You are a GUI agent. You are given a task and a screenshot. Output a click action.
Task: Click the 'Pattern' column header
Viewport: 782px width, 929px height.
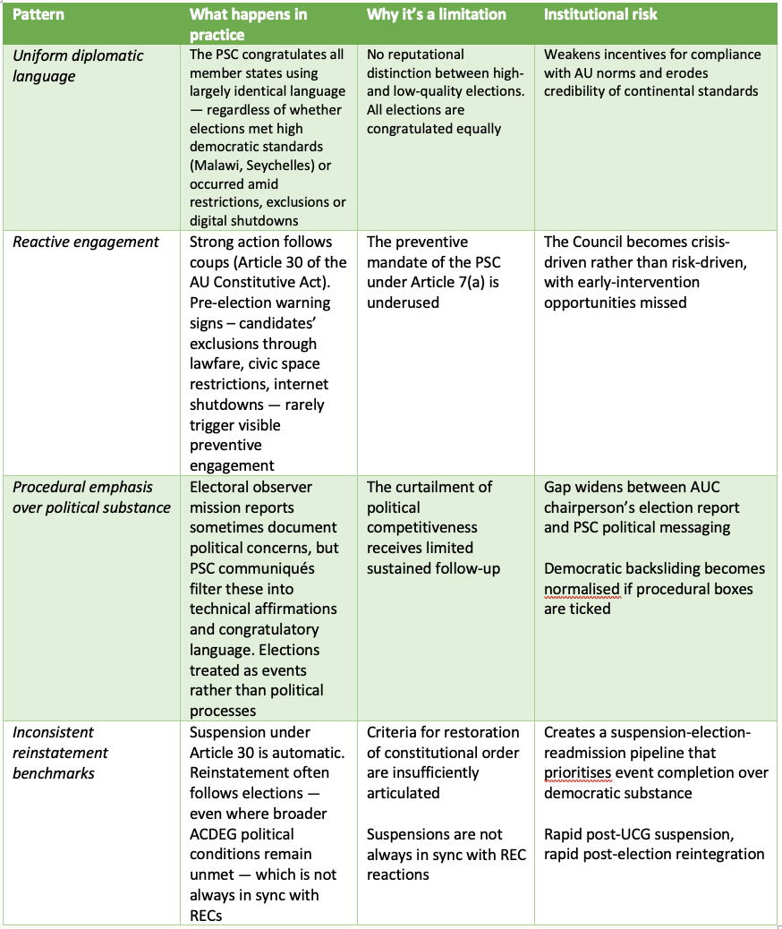(38, 14)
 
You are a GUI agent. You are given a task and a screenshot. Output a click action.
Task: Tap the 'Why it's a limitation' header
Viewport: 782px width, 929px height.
(436, 14)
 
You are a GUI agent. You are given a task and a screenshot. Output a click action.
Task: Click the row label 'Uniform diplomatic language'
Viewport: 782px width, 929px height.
(77, 65)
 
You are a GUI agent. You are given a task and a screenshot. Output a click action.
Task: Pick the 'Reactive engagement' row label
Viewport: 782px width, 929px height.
(86, 242)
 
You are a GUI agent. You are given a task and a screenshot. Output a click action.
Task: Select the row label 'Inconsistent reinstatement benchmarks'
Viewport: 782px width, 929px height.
(61, 752)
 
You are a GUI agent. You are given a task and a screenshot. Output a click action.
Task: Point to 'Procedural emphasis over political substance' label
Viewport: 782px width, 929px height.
(91, 497)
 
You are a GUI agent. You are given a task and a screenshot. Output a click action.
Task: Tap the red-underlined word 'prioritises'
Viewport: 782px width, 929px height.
(582, 772)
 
